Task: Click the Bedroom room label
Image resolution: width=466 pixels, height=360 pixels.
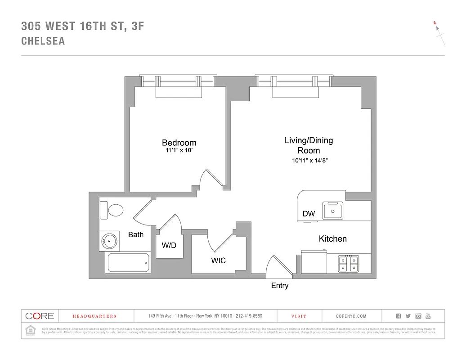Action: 179,143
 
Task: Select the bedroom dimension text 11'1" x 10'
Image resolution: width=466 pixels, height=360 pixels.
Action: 179,152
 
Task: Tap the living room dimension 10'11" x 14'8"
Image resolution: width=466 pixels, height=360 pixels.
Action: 309,161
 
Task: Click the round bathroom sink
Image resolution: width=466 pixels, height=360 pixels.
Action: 109,241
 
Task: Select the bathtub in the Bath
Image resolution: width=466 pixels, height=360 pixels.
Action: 128,262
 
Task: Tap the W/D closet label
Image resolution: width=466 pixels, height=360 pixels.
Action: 169,246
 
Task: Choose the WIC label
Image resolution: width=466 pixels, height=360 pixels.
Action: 218,261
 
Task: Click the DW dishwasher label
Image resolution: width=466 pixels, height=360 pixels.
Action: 309,214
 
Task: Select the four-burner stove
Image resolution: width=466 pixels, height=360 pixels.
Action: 348,264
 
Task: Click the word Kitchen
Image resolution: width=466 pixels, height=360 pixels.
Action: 332,238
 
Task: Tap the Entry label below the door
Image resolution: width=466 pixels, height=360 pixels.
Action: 279,286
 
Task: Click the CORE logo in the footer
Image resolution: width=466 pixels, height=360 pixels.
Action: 40,316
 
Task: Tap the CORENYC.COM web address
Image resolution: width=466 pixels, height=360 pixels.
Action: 351,316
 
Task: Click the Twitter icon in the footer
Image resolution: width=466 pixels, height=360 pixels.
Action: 408,316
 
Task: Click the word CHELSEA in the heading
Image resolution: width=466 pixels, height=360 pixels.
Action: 43,41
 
